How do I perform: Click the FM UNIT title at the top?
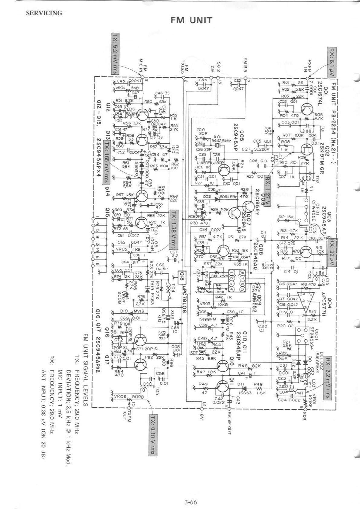click(191, 21)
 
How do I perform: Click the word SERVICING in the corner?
click(44, 13)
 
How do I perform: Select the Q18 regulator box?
click(182, 277)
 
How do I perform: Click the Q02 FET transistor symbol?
click(307, 148)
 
